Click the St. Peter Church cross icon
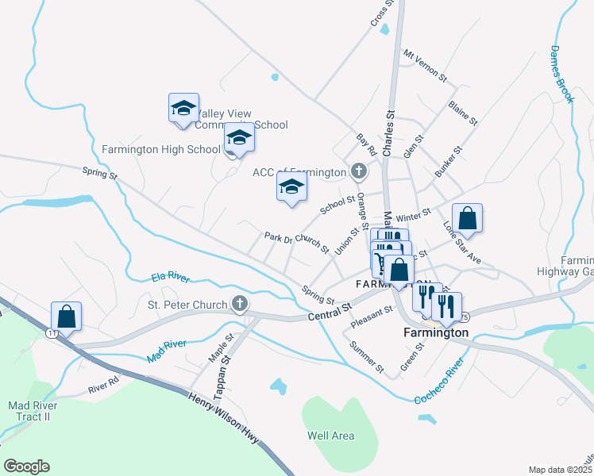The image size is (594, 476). click(238, 303)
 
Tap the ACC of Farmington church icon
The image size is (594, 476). click(359, 171)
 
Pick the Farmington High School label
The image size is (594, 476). click(161, 149)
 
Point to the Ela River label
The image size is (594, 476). click(171, 278)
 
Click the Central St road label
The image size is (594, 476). click(330, 312)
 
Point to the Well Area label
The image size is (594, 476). click(331, 436)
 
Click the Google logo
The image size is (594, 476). click(26, 466)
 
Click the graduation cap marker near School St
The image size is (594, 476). click(291, 188)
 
